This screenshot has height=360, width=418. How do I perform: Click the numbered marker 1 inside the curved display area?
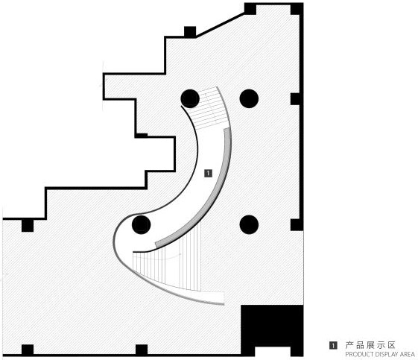[x=208, y=174]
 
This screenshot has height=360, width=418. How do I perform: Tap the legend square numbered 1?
[x=333, y=346]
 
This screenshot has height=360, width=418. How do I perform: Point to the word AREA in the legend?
[x=407, y=355]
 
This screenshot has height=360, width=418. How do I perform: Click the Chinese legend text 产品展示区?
[x=370, y=345]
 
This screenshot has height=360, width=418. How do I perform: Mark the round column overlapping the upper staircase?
[x=190, y=98]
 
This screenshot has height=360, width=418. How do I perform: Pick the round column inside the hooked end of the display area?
[x=142, y=224]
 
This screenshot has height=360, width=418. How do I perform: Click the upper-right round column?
[x=249, y=98]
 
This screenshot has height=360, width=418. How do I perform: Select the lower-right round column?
[x=249, y=224]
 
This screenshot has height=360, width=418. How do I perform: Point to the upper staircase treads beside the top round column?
[x=211, y=109]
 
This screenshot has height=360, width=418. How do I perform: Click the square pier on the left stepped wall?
[x=28, y=226]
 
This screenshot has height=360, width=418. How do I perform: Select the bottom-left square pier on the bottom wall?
[x=28, y=350]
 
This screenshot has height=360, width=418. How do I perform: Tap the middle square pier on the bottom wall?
[x=142, y=350]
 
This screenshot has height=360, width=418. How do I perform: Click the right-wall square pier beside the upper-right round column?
[x=295, y=99]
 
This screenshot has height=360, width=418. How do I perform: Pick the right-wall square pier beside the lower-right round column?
[x=296, y=225]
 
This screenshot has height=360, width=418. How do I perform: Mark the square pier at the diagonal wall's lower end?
[x=190, y=32]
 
